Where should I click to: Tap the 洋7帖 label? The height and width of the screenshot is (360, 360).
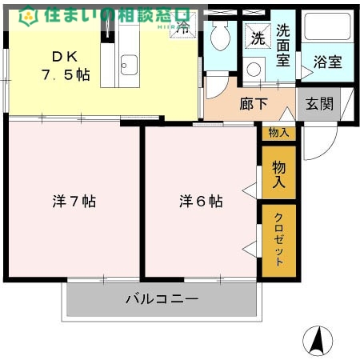pyautogui.click(x=74, y=202)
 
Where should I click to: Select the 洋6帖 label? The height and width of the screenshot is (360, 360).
pyautogui.click(x=200, y=202)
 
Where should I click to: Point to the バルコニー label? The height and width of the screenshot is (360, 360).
pyautogui.click(x=162, y=299)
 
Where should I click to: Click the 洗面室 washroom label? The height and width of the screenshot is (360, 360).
pyautogui.click(x=285, y=45)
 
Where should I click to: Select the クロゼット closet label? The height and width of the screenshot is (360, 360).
pyautogui.click(x=278, y=240)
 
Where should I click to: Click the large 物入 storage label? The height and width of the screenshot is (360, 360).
pyautogui.click(x=278, y=174)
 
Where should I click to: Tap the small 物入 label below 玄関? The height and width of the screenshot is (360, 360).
pyautogui.click(x=278, y=133)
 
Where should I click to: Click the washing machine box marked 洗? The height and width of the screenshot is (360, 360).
pyautogui.click(x=257, y=37)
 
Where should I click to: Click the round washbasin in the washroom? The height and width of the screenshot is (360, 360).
pyautogui.click(x=254, y=69)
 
